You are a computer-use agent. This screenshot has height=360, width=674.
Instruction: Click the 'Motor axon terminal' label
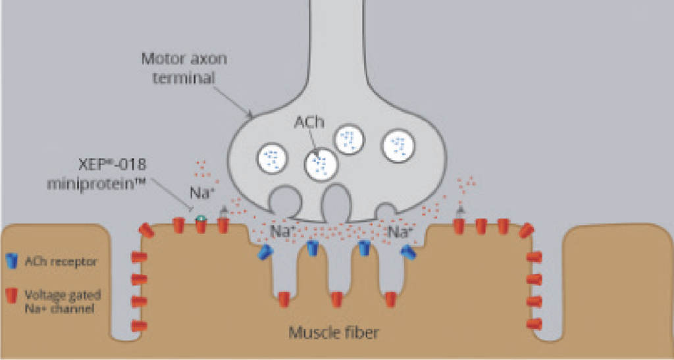[184, 67]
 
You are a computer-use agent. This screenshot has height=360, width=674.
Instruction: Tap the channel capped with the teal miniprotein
[201, 223]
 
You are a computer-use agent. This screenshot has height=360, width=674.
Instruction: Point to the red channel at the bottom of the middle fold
[336, 299]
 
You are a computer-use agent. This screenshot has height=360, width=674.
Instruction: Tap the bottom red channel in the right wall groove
[534, 324]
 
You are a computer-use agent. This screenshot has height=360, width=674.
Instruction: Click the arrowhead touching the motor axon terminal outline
[250, 116]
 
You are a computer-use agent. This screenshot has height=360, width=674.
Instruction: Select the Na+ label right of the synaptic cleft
[400, 231]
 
